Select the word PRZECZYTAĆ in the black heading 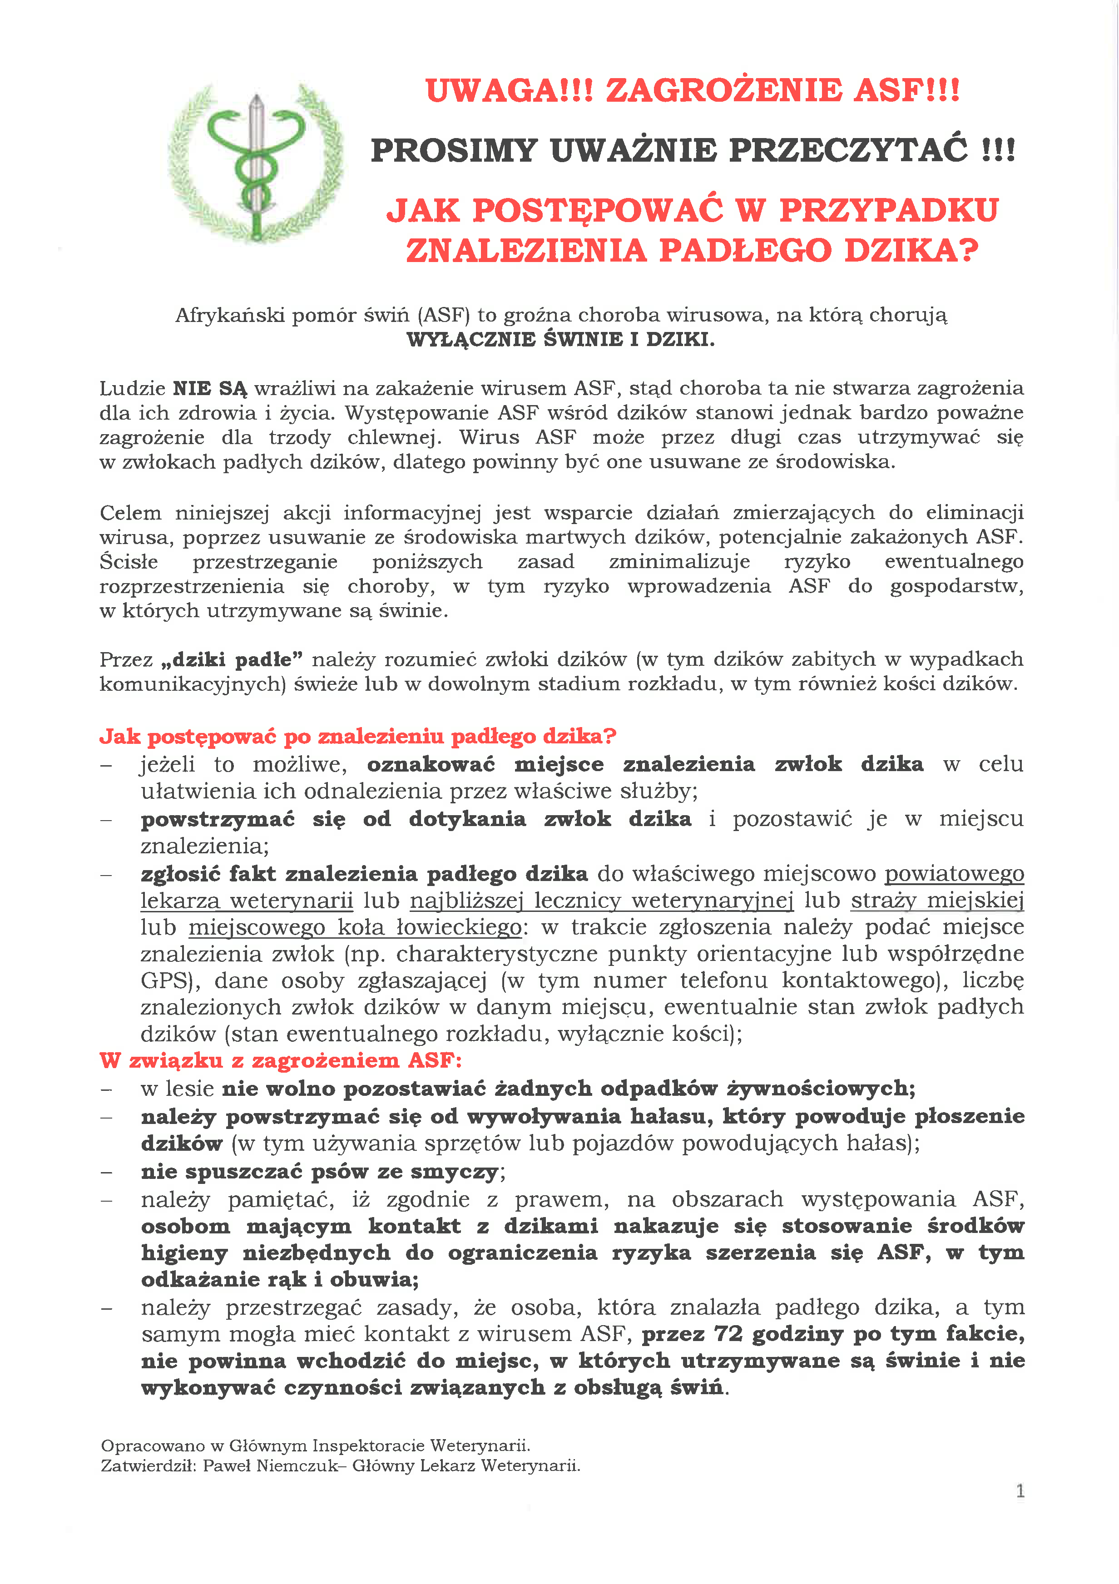click(x=848, y=150)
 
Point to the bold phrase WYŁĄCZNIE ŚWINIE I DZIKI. click(x=560, y=339)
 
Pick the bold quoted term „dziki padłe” click(x=231, y=659)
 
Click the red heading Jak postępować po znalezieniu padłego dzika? click(x=357, y=736)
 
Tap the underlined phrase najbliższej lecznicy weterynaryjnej click(x=602, y=901)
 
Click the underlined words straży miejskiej click(x=937, y=901)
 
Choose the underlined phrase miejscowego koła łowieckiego click(x=355, y=927)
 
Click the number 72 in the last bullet click(x=728, y=1334)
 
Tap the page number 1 click(x=1020, y=1491)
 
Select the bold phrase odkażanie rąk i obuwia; click(x=279, y=1279)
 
